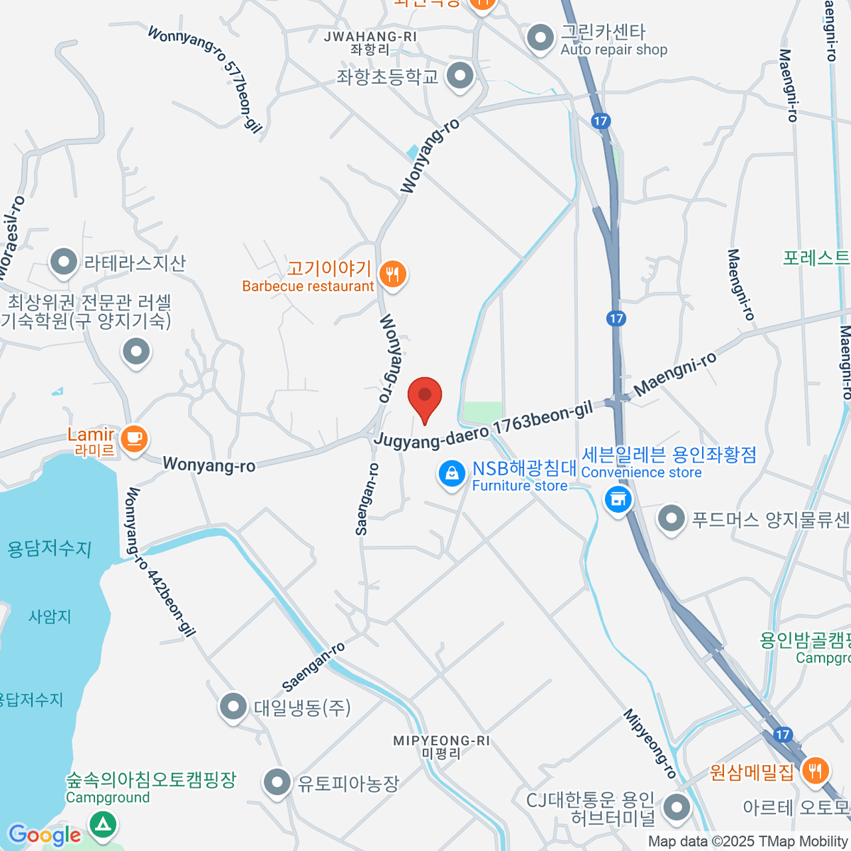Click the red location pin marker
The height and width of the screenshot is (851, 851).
click(x=425, y=397)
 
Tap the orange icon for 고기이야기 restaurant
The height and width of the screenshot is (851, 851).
click(x=392, y=274)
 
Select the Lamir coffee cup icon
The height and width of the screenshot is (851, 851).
click(x=133, y=438)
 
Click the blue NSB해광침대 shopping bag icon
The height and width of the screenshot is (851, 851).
click(x=452, y=473)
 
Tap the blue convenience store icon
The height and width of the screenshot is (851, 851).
click(x=618, y=499)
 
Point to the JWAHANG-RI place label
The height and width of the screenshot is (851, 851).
click(x=370, y=37)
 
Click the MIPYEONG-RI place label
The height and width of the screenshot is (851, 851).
click(x=441, y=741)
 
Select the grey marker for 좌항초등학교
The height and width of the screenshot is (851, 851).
click(x=460, y=75)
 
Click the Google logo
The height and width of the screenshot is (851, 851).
click(x=44, y=835)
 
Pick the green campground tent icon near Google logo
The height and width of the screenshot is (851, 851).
click(x=104, y=824)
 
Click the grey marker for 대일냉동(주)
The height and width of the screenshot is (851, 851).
click(x=233, y=706)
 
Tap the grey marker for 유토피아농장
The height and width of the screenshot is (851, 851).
click(x=277, y=783)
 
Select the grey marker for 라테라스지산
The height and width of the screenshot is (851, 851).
click(x=64, y=262)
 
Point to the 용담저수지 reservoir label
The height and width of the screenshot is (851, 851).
click(x=49, y=549)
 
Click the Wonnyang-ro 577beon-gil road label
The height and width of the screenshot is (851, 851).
click(x=206, y=78)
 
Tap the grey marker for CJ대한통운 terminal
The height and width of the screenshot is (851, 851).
click(x=677, y=807)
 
